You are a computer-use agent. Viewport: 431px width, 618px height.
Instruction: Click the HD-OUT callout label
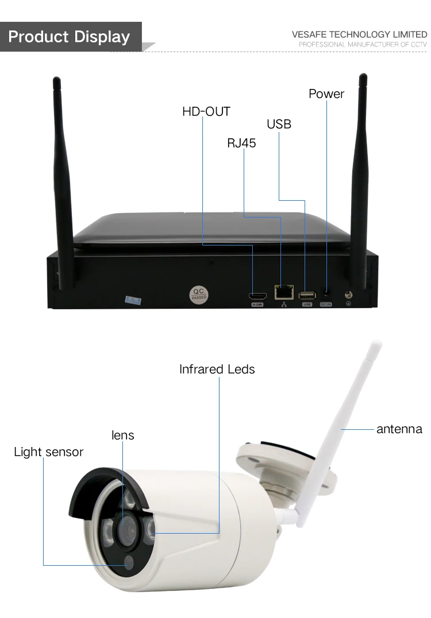[x=206, y=111]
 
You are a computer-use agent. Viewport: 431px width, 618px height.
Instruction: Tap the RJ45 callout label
[x=241, y=143]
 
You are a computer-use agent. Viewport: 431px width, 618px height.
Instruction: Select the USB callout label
[x=279, y=124]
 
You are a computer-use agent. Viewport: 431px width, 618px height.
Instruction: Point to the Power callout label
[x=326, y=94]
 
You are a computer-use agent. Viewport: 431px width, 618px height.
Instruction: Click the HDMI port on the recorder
[x=257, y=296]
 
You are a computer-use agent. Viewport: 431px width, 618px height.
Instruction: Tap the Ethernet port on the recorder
[x=282, y=292]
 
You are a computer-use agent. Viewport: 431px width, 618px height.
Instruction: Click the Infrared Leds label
[x=217, y=369]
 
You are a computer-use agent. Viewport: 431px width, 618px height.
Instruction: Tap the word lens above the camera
[x=122, y=436]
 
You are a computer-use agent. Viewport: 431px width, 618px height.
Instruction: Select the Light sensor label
[x=48, y=452]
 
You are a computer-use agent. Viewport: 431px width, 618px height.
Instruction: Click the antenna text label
[x=399, y=429]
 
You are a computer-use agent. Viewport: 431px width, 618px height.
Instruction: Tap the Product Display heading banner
[x=70, y=37]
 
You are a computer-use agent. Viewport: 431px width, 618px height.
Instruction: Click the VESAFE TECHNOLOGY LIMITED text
[x=359, y=34]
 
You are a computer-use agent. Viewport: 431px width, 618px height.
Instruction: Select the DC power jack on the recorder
[x=326, y=293]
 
